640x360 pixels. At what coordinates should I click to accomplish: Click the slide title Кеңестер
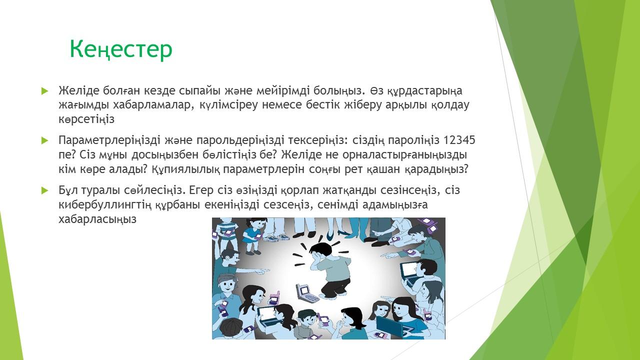pos(121,49)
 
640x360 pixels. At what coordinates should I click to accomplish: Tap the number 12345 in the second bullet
pos(459,140)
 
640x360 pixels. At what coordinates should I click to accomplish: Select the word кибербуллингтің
pos(105,205)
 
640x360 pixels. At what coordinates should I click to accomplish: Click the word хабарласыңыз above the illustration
pos(97,219)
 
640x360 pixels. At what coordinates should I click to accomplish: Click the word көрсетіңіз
pos(86,119)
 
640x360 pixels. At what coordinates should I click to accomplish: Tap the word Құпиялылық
pos(185,169)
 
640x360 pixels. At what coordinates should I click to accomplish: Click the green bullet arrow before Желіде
pos(45,91)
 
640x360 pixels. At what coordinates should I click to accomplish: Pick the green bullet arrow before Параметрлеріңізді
pos(45,140)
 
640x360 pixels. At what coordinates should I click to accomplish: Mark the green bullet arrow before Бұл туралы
pos(45,190)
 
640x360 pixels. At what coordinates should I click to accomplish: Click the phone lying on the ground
pos(306,293)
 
